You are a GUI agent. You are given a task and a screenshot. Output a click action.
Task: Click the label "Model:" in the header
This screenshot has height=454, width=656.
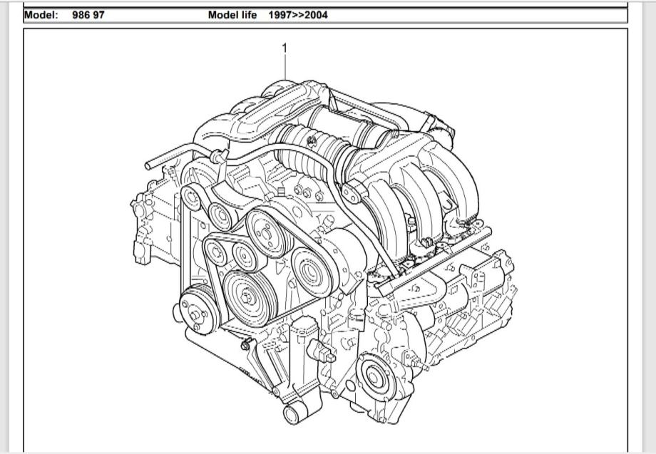[41, 15]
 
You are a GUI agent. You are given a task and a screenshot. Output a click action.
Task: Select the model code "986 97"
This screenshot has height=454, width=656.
[88, 15]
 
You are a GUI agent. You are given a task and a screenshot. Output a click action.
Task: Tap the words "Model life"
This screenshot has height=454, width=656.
[232, 15]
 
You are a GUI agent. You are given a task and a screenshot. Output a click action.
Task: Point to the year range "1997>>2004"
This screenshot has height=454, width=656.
[298, 15]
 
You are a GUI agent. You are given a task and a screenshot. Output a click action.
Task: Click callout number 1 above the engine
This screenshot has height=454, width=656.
[285, 48]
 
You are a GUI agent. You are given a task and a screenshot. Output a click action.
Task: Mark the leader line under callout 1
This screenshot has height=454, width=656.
[285, 68]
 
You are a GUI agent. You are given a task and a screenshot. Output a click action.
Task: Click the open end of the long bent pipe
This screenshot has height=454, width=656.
[148, 165]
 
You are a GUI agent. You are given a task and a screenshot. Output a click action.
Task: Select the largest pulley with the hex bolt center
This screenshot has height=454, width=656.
[247, 298]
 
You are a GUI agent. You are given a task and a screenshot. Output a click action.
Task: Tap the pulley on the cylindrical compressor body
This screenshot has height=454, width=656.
[312, 272]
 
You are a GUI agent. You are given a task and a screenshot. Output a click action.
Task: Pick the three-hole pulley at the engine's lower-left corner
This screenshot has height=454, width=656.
[197, 311]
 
